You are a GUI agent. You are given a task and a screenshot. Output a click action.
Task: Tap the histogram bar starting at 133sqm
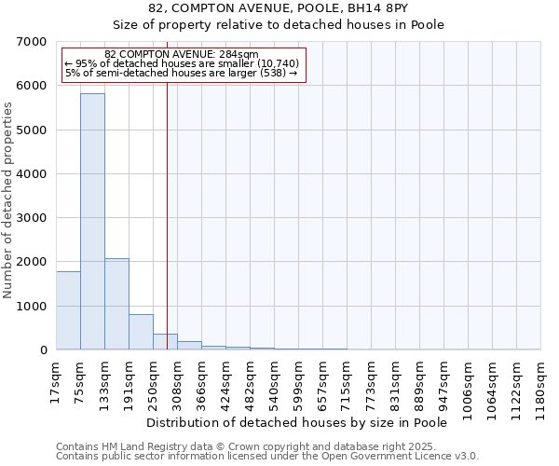(116, 304)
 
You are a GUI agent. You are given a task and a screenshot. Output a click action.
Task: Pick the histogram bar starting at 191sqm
(141, 332)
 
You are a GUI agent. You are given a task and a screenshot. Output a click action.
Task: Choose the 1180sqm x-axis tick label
(541, 386)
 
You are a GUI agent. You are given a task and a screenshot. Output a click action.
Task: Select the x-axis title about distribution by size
(297, 423)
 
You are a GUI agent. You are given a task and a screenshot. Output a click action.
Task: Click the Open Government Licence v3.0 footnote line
(267, 457)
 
